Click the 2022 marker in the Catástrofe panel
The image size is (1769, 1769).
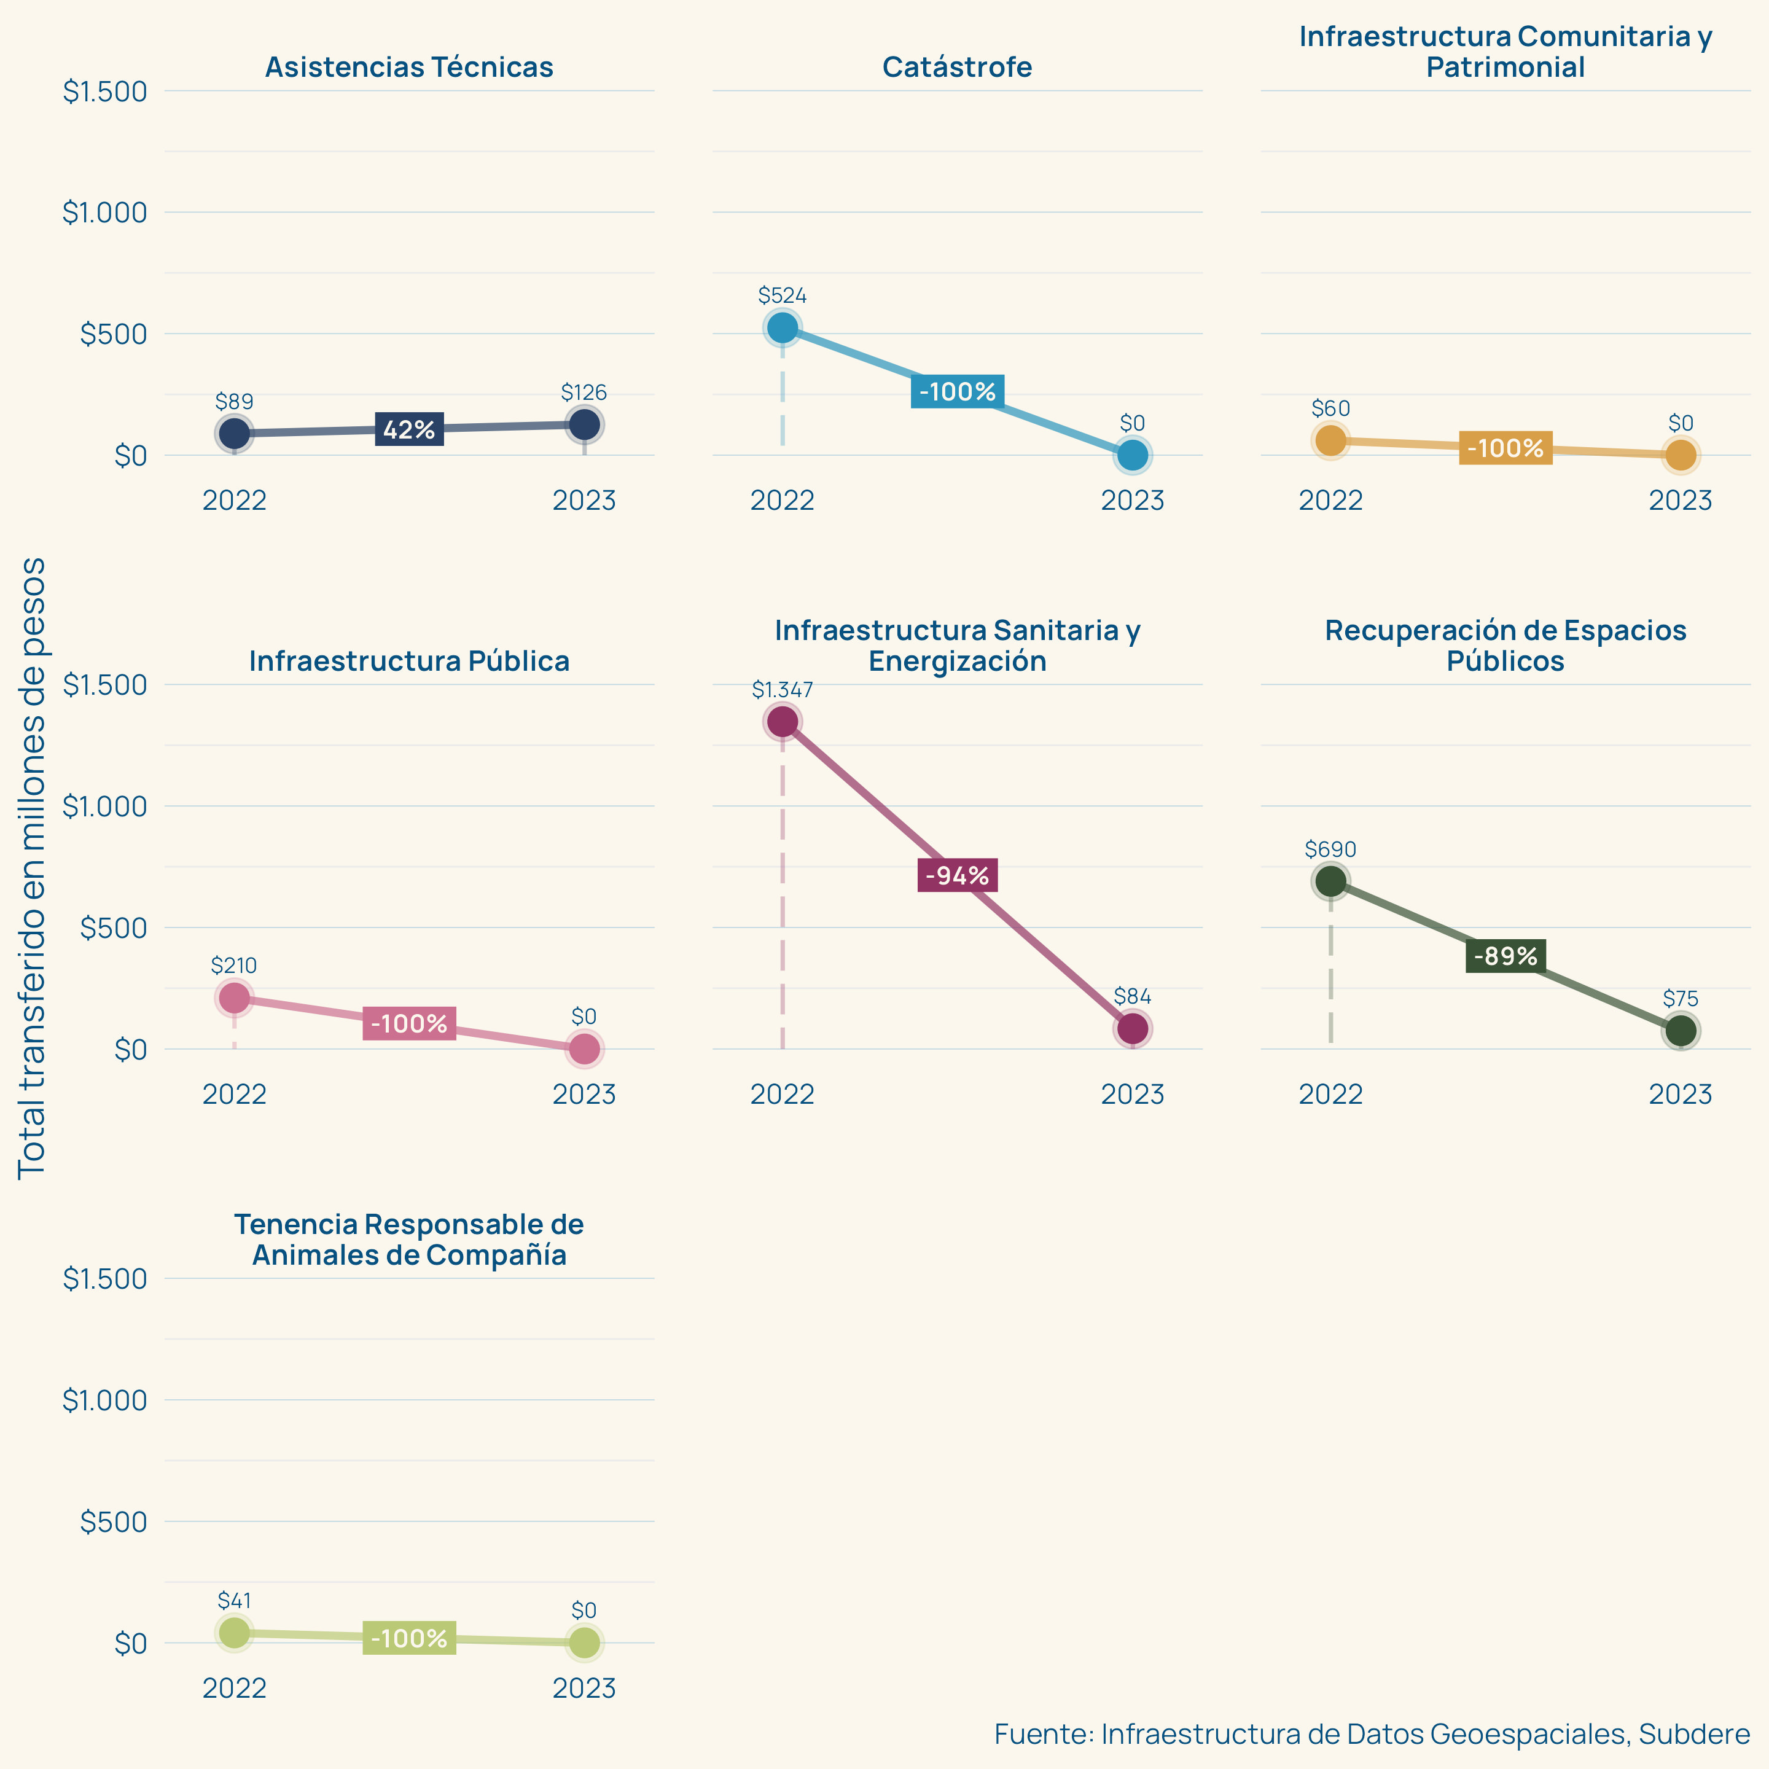coord(782,328)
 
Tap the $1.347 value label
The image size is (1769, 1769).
coord(782,689)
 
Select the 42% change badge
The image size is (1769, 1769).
coord(409,429)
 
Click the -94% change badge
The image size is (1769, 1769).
coord(957,875)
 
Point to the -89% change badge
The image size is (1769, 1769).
coord(1505,956)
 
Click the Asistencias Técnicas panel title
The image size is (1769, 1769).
coord(409,67)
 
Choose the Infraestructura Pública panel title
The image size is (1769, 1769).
coord(409,660)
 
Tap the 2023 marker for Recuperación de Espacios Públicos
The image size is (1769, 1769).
coord(1680,1030)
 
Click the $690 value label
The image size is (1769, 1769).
coord(1330,849)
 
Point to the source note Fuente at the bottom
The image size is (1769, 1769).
coord(1372,1733)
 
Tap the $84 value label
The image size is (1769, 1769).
coord(1133,996)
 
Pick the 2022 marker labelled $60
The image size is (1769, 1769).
coord(1330,440)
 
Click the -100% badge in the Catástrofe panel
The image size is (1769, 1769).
coord(957,392)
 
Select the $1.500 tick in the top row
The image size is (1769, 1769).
coord(104,92)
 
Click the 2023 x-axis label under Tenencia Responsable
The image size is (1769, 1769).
coord(584,1687)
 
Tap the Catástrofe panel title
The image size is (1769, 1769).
coord(957,67)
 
